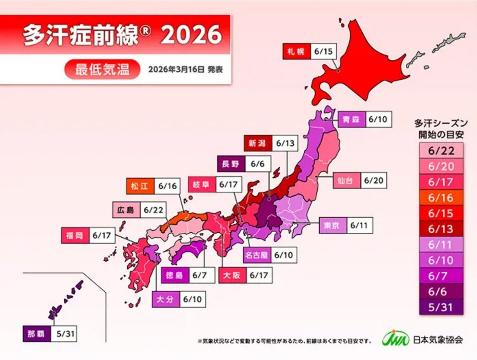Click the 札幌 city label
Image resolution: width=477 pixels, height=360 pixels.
click(295, 52)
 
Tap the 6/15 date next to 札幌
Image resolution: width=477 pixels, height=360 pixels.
click(322, 52)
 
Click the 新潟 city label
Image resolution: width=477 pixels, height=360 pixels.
click(257, 144)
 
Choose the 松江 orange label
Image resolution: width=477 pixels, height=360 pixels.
click(139, 187)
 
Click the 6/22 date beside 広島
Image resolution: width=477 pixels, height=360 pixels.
click(153, 210)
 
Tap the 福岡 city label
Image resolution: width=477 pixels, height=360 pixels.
click(74, 235)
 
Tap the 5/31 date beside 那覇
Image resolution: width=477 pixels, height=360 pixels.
click(64, 334)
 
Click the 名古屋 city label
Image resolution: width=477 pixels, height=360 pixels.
click(256, 255)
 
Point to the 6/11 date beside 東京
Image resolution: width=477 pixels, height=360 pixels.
click(359, 226)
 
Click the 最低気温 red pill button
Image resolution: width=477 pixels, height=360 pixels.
click(102, 69)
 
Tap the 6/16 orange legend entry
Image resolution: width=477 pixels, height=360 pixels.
click(441, 197)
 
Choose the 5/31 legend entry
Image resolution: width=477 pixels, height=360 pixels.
click(441, 307)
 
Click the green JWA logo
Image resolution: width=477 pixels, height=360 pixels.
click(395, 339)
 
